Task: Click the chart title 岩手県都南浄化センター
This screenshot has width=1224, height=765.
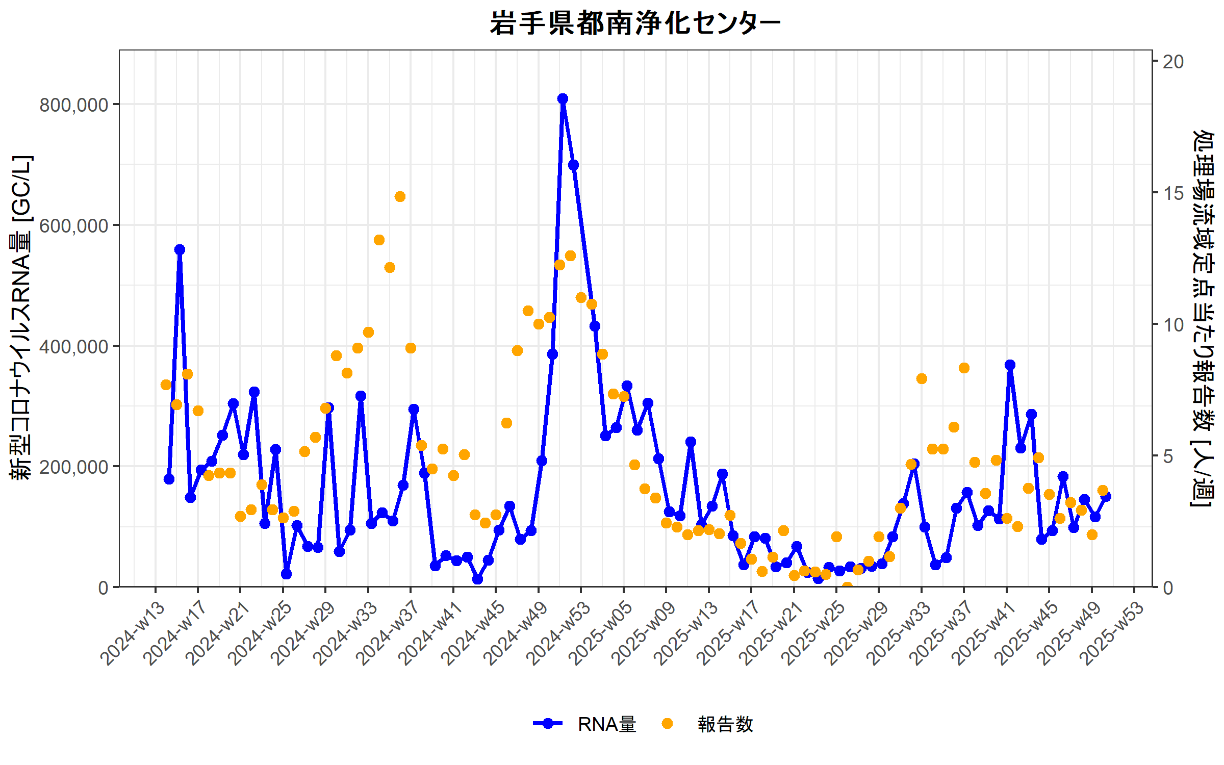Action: tap(635, 24)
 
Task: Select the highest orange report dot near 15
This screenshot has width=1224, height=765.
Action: tap(400, 197)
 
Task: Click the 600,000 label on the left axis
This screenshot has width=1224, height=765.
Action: tap(74, 226)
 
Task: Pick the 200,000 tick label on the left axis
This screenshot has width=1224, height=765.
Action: tap(74, 467)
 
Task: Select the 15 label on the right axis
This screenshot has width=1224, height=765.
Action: tap(1173, 193)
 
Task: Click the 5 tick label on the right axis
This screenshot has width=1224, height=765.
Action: tap(1168, 456)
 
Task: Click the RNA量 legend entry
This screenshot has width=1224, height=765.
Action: tap(606, 724)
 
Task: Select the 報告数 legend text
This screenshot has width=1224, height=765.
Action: tap(725, 724)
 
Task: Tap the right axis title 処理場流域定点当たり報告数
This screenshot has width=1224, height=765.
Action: tap(1204, 318)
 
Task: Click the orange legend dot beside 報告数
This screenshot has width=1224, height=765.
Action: tap(667, 724)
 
